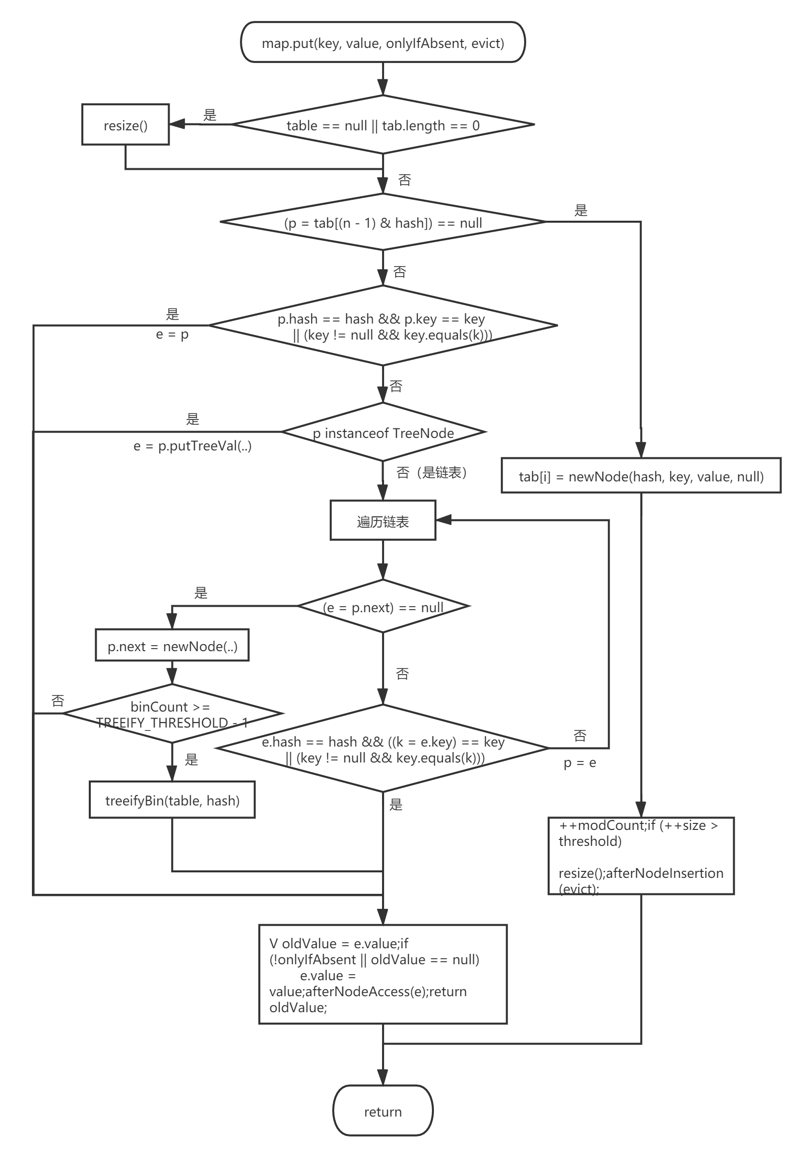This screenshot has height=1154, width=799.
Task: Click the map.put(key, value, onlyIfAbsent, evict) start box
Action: [383, 43]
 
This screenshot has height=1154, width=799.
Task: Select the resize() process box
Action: [126, 125]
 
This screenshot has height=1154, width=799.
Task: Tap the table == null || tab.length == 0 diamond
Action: [383, 125]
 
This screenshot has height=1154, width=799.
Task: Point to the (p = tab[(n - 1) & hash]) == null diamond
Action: [383, 223]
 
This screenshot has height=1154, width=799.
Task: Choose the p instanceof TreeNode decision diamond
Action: [383, 433]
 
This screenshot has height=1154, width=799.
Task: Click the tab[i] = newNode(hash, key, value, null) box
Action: [641, 476]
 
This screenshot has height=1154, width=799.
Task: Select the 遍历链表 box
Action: [383, 521]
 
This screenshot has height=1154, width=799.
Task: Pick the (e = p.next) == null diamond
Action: [383, 607]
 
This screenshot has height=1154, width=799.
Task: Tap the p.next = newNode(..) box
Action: [172, 646]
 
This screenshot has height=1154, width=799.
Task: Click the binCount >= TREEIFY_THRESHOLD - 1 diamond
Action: [172, 714]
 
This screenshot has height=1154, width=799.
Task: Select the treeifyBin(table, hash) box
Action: [172, 800]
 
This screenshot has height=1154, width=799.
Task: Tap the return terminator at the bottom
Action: [383, 1112]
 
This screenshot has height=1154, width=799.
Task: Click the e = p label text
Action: [172, 334]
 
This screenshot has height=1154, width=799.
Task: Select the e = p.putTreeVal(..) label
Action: [192, 446]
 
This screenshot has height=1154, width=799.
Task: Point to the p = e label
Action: [580, 763]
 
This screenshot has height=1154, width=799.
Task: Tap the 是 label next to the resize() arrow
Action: [210, 115]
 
